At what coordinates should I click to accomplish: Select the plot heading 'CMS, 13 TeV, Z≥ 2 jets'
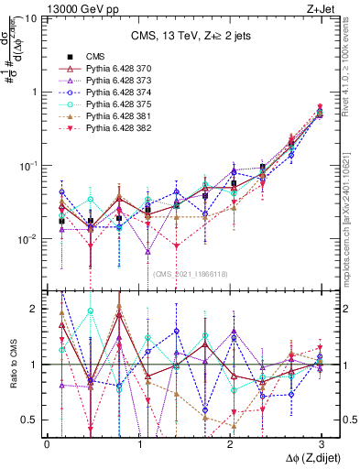[x=184, y=36]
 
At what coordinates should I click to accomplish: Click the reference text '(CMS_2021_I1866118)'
[x=190, y=273]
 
